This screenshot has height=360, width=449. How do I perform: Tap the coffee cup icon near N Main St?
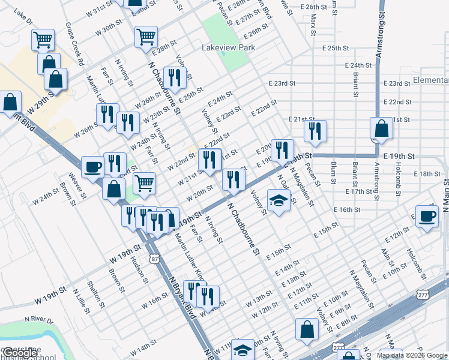(427, 217)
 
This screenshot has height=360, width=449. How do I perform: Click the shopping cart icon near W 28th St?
(146, 37)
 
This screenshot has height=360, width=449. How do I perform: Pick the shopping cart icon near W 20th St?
(144, 182)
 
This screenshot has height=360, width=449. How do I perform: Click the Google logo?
(19, 353)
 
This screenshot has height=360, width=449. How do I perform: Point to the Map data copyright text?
(412, 355)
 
